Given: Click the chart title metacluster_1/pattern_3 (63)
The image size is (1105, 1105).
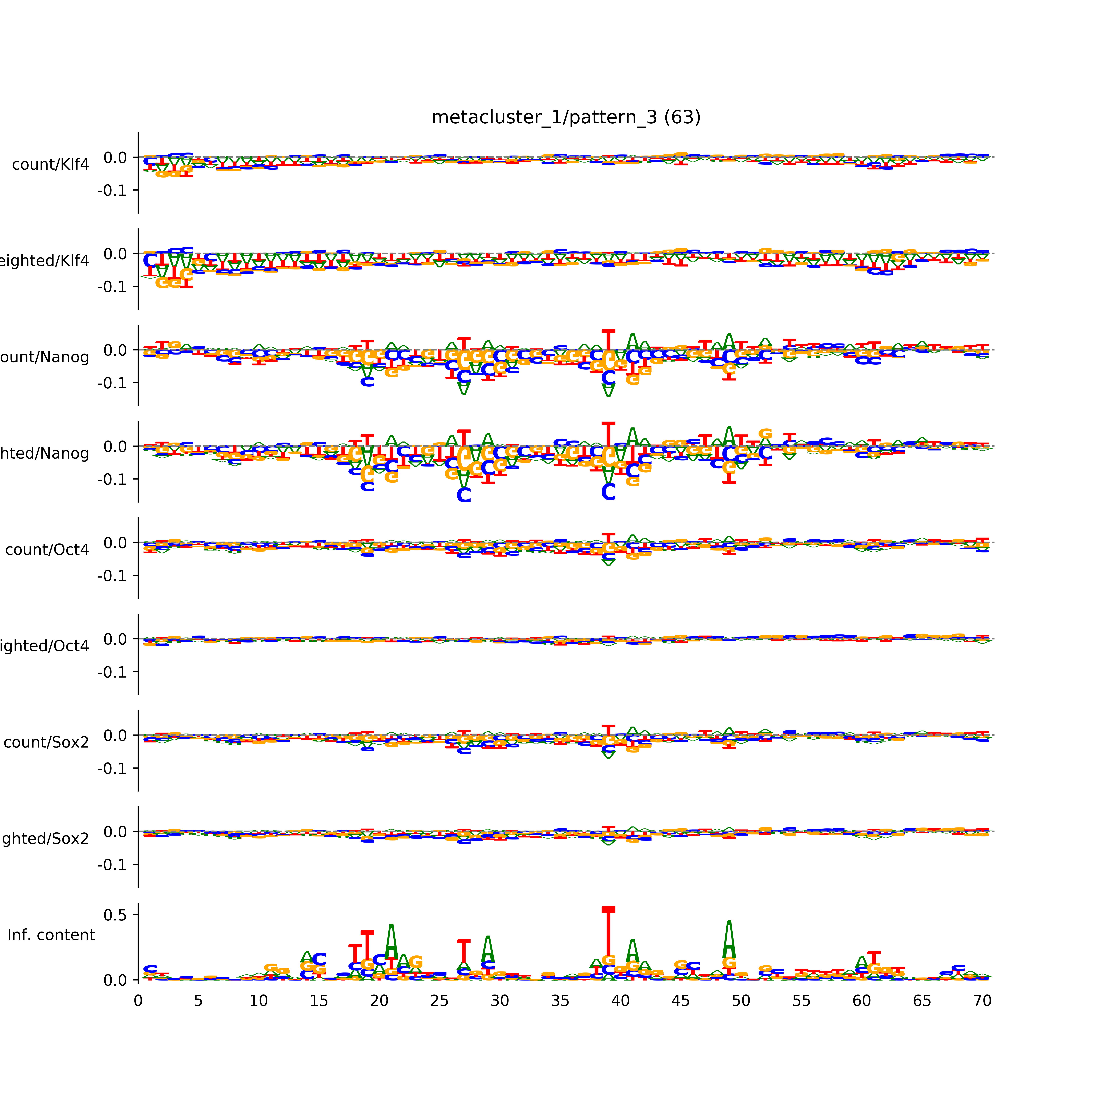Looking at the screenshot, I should tap(566, 117).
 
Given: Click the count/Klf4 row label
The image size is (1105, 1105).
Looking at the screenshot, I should tap(50, 165).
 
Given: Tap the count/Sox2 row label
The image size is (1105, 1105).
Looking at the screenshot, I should tap(46, 742).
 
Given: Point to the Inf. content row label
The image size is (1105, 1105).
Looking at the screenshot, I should tap(51, 935).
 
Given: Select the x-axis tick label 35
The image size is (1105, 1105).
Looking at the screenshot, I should tap(560, 1001).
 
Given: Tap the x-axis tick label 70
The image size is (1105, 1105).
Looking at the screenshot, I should tap(982, 1001).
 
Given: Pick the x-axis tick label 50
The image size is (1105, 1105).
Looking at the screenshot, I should tap(741, 1001).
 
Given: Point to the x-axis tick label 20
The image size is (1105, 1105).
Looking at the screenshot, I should tap(379, 1001).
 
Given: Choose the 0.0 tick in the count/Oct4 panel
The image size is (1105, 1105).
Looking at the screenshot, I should tap(115, 543).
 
